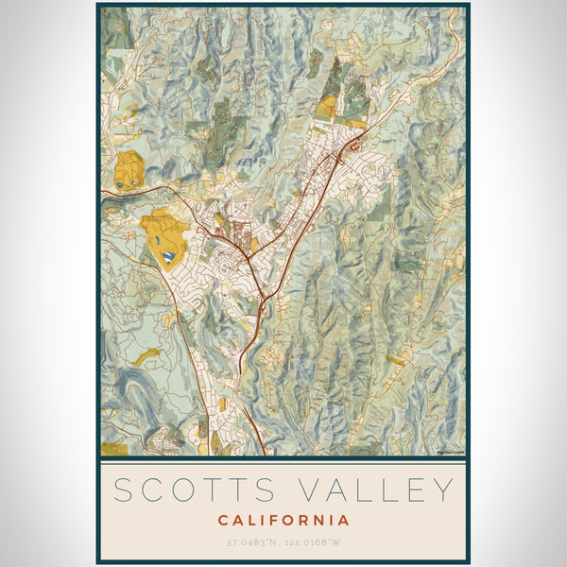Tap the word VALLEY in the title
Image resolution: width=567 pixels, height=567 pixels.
(x=376, y=490)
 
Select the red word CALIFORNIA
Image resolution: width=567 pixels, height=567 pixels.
(x=283, y=520)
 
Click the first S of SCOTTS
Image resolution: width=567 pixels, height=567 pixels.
(x=124, y=490)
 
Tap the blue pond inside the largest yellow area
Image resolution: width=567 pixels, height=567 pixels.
(x=167, y=255)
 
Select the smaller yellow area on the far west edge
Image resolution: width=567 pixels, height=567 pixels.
(x=129, y=170)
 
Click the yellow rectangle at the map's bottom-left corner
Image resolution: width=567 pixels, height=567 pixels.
(x=113, y=449)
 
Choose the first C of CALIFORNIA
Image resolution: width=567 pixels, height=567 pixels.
(x=223, y=520)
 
